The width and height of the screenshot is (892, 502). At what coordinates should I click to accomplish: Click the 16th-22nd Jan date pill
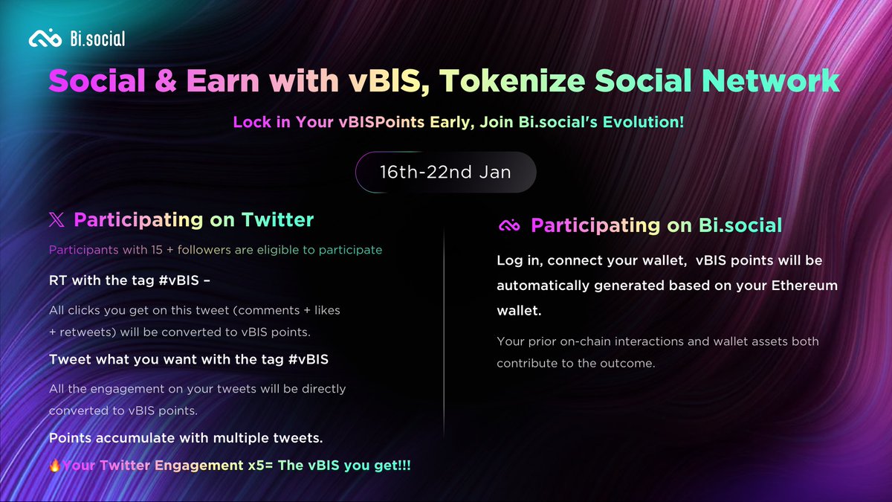[x=445, y=173]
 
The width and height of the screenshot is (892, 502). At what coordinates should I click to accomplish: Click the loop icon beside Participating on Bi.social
[x=508, y=225]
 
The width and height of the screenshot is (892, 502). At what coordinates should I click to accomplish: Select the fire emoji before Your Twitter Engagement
[x=55, y=466]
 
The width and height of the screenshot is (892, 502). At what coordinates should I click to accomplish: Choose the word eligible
[x=278, y=250]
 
